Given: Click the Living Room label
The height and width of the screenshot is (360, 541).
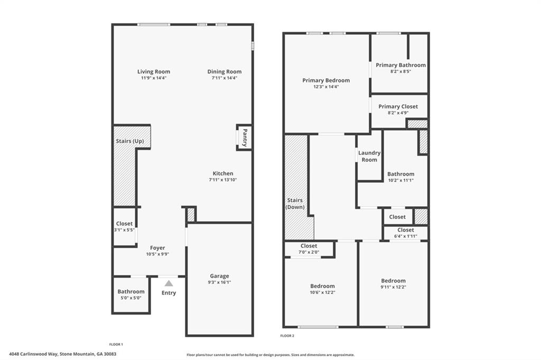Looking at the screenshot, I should click(153, 72).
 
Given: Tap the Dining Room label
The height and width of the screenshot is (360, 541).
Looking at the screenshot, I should click(224, 72).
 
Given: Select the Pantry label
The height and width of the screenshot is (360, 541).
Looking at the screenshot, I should click(245, 137).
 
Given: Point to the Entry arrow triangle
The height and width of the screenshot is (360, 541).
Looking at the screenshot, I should click(169, 283).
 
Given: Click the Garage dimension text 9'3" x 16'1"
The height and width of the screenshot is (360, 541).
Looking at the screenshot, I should click(219, 282).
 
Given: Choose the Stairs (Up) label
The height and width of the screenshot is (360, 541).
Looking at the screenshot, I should click(129, 141).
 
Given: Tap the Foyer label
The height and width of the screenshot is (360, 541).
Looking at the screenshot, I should click(157, 248).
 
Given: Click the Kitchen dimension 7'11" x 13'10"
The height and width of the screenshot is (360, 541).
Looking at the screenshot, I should click(222, 180).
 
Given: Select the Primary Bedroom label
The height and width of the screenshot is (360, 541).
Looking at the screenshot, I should click(326, 80).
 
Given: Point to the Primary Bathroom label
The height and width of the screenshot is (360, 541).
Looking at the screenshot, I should click(400, 65).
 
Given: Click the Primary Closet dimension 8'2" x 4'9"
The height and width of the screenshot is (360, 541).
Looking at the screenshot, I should click(398, 112).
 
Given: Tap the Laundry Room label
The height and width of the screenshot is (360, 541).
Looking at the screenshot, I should click(369, 156).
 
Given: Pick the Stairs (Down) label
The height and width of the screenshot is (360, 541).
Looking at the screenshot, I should click(295, 204).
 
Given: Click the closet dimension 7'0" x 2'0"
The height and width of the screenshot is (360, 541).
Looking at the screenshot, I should click(309, 252).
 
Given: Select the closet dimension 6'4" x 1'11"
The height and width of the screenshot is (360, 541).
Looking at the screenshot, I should click(405, 236).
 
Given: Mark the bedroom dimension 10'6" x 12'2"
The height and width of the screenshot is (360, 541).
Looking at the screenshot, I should click(322, 292).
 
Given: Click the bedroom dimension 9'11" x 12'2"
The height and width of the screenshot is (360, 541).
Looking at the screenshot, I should click(393, 287).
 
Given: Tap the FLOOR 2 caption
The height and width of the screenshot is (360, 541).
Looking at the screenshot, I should click(287, 336).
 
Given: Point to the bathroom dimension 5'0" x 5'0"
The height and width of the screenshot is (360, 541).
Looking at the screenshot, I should click(130, 298).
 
